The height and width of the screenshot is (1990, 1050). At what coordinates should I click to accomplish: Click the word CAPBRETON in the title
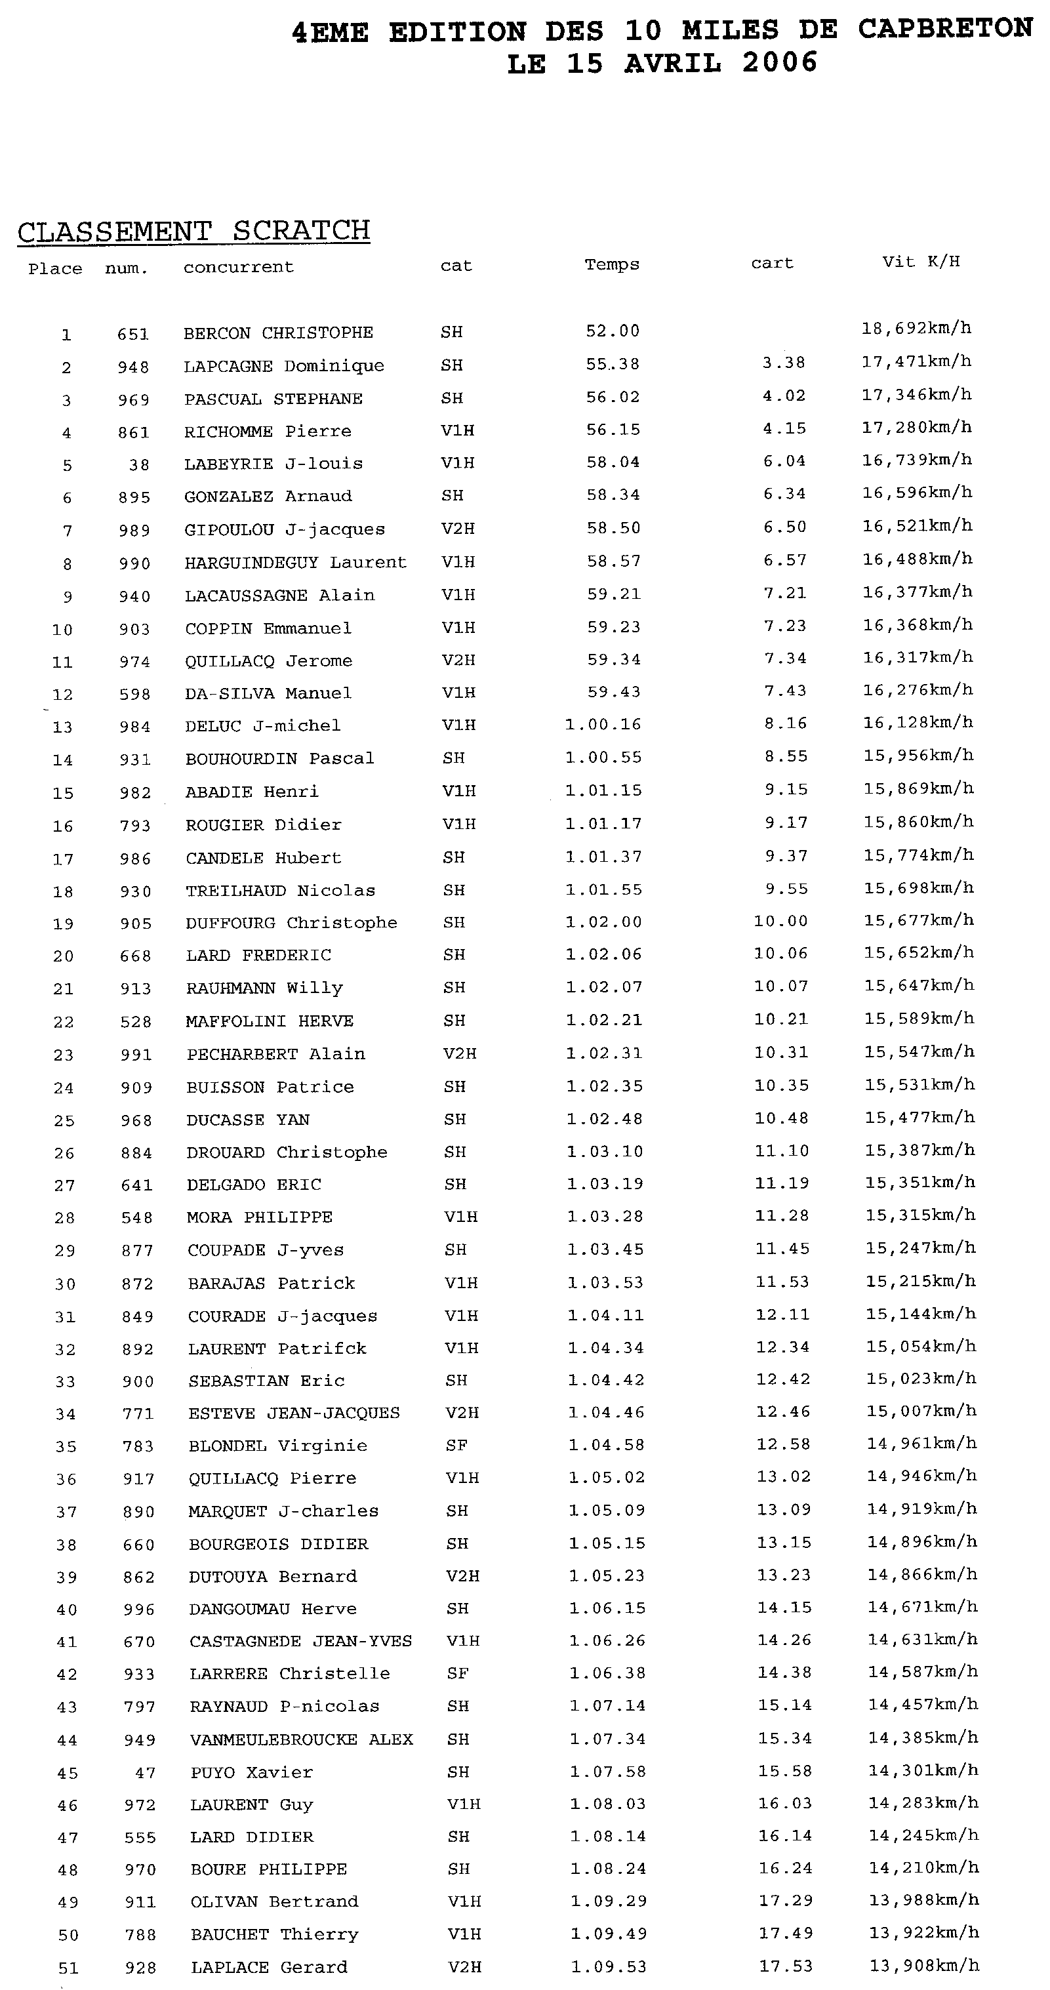click(x=944, y=29)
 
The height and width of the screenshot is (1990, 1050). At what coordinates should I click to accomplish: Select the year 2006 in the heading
click(x=780, y=62)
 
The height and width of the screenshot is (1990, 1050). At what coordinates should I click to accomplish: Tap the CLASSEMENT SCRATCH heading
click(x=193, y=231)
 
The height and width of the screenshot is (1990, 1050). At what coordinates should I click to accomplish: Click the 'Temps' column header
click(x=612, y=264)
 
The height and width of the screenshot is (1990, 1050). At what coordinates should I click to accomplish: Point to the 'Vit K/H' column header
click(x=921, y=261)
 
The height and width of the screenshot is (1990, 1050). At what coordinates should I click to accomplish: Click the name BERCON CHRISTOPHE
click(x=278, y=333)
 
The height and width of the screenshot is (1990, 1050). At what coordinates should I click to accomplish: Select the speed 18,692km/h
click(x=916, y=329)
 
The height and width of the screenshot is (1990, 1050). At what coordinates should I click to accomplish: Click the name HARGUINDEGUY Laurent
click(x=295, y=562)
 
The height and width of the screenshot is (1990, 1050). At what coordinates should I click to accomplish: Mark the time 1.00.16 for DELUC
click(x=603, y=724)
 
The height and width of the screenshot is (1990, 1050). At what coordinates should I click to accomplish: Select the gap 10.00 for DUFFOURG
click(x=780, y=921)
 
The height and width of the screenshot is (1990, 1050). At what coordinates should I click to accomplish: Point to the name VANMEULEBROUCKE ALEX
click(x=301, y=1739)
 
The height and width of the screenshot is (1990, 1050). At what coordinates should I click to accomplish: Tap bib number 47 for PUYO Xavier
click(x=145, y=1773)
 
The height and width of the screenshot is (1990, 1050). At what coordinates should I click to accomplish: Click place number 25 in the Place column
click(x=64, y=1120)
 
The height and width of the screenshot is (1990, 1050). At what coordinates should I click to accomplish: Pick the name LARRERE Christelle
click(x=290, y=1673)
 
